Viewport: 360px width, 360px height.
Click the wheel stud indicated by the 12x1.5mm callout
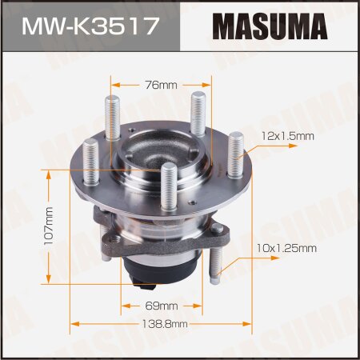[235, 156]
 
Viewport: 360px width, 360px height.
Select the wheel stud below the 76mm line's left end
[112, 116]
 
